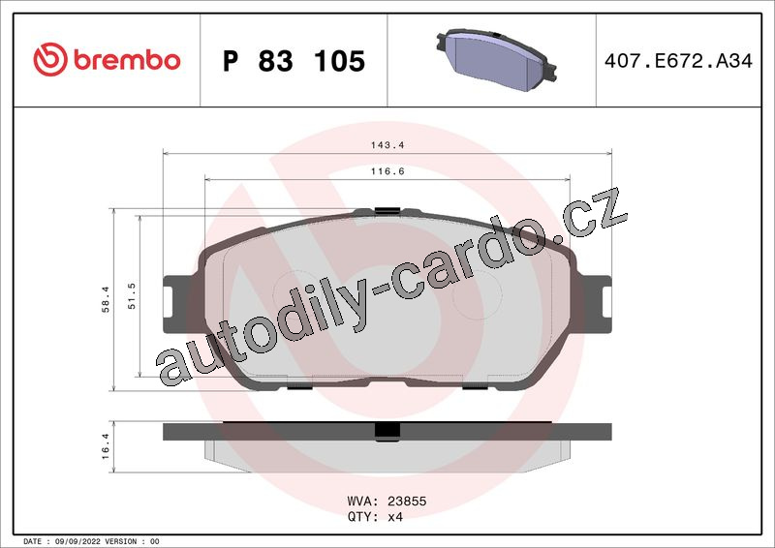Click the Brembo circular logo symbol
click(x=50, y=59)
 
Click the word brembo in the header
click(x=127, y=60)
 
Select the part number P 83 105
click(x=294, y=61)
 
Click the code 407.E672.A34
click(x=678, y=61)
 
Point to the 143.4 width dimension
click(x=387, y=145)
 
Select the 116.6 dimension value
click(x=387, y=171)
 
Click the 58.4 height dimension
click(x=106, y=299)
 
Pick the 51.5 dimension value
click(x=132, y=296)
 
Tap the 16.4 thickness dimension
click(x=106, y=446)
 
